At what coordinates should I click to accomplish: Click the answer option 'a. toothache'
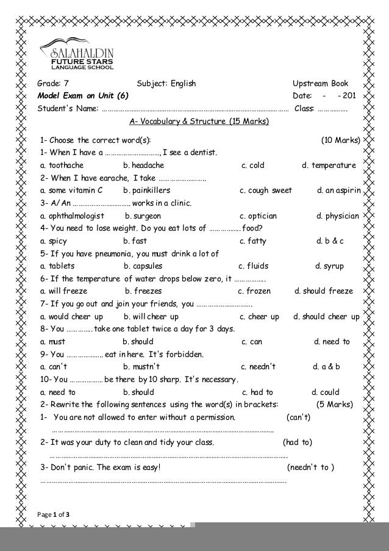pos(62,165)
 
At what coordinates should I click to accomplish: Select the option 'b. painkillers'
pos(146,190)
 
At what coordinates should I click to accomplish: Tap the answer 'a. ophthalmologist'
pos(72,216)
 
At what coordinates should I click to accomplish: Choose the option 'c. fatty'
pos(253,241)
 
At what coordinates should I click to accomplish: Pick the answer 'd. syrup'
pos(329,266)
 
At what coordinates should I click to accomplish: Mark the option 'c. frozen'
pos(254,291)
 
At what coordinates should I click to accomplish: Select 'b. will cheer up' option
pos(151,317)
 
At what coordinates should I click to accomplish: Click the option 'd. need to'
pos(332,342)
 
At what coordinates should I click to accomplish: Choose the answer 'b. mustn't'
pos(141,367)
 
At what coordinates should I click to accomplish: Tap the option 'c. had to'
pos(257,392)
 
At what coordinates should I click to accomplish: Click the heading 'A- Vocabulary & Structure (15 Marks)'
pos(199,121)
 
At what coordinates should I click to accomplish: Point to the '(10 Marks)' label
pos(340,140)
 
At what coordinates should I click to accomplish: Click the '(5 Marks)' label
pos(334,405)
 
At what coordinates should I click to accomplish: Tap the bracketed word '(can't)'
pos(298,417)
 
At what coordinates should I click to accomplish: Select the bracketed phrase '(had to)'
pos(298,442)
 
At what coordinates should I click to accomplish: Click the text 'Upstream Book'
pos(320,84)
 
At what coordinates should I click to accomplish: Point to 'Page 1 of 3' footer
pos(54,514)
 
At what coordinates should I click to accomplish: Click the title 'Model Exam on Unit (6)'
pos(83,96)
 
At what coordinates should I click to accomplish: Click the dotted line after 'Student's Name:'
pos(195,110)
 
